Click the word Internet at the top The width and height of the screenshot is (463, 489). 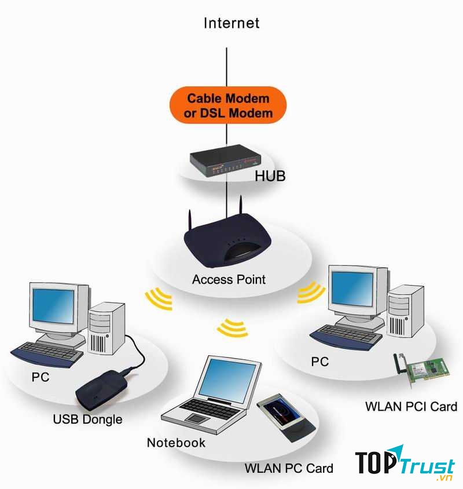click(x=231, y=23)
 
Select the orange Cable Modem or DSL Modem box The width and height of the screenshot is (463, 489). click(x=228, y=105)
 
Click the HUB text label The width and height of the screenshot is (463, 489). click(x=270, y=176)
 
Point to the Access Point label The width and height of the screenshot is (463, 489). click(x=229, y=279)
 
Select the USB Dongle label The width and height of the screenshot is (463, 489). click(x=87, y=419)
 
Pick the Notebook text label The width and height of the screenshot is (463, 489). click(x=176, y=443)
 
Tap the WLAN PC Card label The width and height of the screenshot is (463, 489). click(x=289, y=468)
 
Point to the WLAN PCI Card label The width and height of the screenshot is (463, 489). click(x=411, y=406)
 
